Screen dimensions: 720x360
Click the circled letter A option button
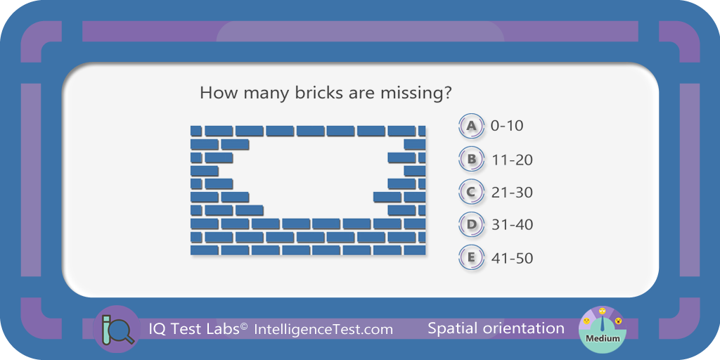(x=471, y=126)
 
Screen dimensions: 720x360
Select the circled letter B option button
(x=471, y=160)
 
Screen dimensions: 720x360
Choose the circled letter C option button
(x=471, y=192)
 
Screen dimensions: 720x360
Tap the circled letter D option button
(x=471, y=224)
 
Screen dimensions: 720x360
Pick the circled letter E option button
(x=471, y=257)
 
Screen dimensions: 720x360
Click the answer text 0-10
(x=507, y=126)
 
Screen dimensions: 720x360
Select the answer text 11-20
(x=512, y=160)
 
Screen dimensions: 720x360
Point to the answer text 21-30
(x=512, y=193)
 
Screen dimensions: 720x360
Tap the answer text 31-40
(x=512, y=225)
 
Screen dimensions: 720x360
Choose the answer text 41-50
(x=512, y=258)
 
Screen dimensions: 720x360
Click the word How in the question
(x=217, y=94)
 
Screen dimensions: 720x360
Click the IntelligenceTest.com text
(x=323, y=329)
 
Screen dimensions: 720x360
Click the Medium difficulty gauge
(x=603, y=329)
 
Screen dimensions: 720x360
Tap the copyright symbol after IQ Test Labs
(x=244, y=326)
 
